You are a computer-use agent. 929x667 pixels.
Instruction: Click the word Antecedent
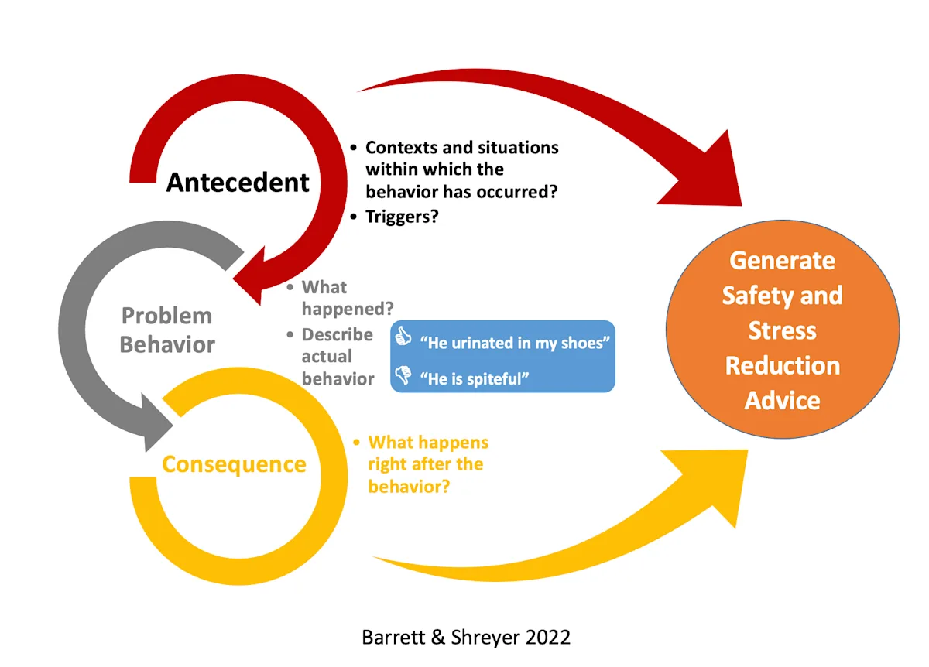click(x=238, y=183)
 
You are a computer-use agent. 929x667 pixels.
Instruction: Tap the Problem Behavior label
click(x=167, y=330)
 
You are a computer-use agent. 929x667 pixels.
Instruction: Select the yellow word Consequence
click(x=234, y=464)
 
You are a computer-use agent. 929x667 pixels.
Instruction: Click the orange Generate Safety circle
click(x=782, y=330)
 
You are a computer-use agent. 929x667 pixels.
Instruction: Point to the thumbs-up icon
click(x=403, y=337)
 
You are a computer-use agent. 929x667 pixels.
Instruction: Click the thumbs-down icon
click(x=403, y=376)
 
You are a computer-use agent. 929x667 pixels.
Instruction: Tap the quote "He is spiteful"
click(x=474, y=379)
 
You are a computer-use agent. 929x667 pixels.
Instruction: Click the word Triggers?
click(x=402, y=217)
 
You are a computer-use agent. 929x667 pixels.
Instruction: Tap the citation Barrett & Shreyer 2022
click(x=466, y=637)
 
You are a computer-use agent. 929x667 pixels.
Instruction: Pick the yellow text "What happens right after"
click(x=427, y=464)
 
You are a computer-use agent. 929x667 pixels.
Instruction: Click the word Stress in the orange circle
click(x=782, y=330)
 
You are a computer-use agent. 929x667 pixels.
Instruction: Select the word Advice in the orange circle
click(x=782, y=400)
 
